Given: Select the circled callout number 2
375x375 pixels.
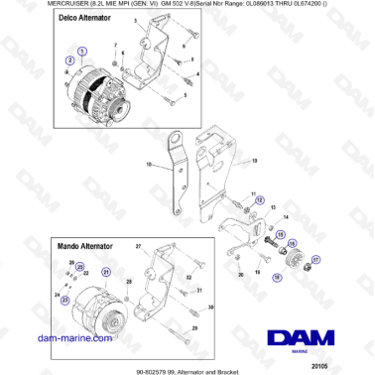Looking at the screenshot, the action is [69, 62].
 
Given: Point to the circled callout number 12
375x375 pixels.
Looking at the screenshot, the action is [261, 198].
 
